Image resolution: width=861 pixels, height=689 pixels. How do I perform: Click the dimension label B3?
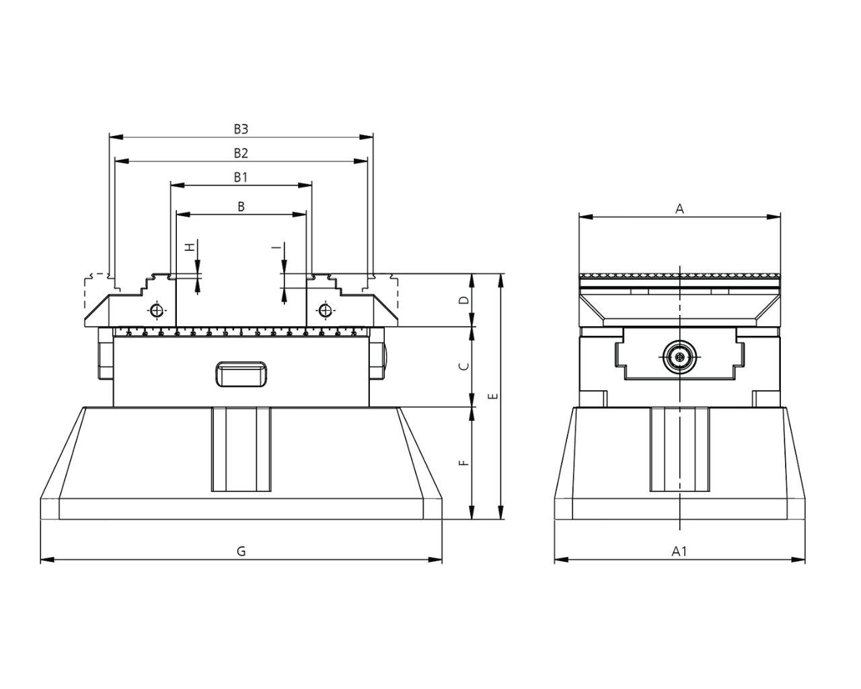pos(241,128)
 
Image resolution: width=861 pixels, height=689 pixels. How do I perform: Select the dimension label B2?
pos(241,153)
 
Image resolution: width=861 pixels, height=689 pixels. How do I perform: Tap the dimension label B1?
pos(241,177)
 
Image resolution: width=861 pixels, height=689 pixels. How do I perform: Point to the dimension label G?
pos(241,551)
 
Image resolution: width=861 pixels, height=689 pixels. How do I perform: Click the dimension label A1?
pos(679,551)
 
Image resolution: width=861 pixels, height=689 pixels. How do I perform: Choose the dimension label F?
pos(463,463)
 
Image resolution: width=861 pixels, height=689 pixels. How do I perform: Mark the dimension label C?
pos(463,367)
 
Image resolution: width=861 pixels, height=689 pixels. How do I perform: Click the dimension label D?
pos(463,300)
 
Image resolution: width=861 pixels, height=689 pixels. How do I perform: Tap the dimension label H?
pos(190,247)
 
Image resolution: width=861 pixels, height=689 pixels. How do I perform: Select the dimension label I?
pos(276,248)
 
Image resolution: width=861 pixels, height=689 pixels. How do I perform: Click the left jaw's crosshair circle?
pos(157,310)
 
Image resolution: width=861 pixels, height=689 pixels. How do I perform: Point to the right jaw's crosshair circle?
pos(326,310)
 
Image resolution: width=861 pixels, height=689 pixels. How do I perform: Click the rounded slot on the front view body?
pos(240,373)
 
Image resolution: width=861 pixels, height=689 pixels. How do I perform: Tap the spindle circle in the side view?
pos(680,357)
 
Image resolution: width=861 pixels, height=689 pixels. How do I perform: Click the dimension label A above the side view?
pos(679,209)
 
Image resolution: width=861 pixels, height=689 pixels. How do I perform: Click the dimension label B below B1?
pos(241,207)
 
